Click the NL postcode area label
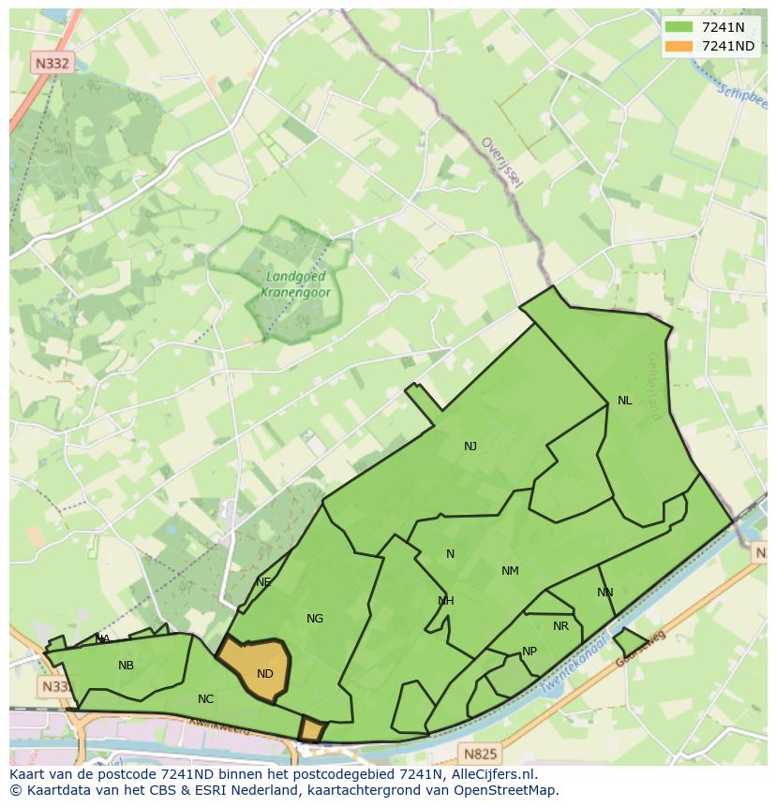(624, 401)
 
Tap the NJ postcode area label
(470, 447)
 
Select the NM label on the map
(510, 571)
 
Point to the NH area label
(446, 601)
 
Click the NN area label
(605, 593)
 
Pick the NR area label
(560, 626)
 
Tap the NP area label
(530, 652)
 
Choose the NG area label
(315, 619)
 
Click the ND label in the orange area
(265, 674)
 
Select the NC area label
(206, 699)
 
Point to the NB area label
(126, 666)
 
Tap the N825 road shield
(481, 752)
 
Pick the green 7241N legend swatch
(678, 27)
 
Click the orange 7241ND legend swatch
(678, 46)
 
